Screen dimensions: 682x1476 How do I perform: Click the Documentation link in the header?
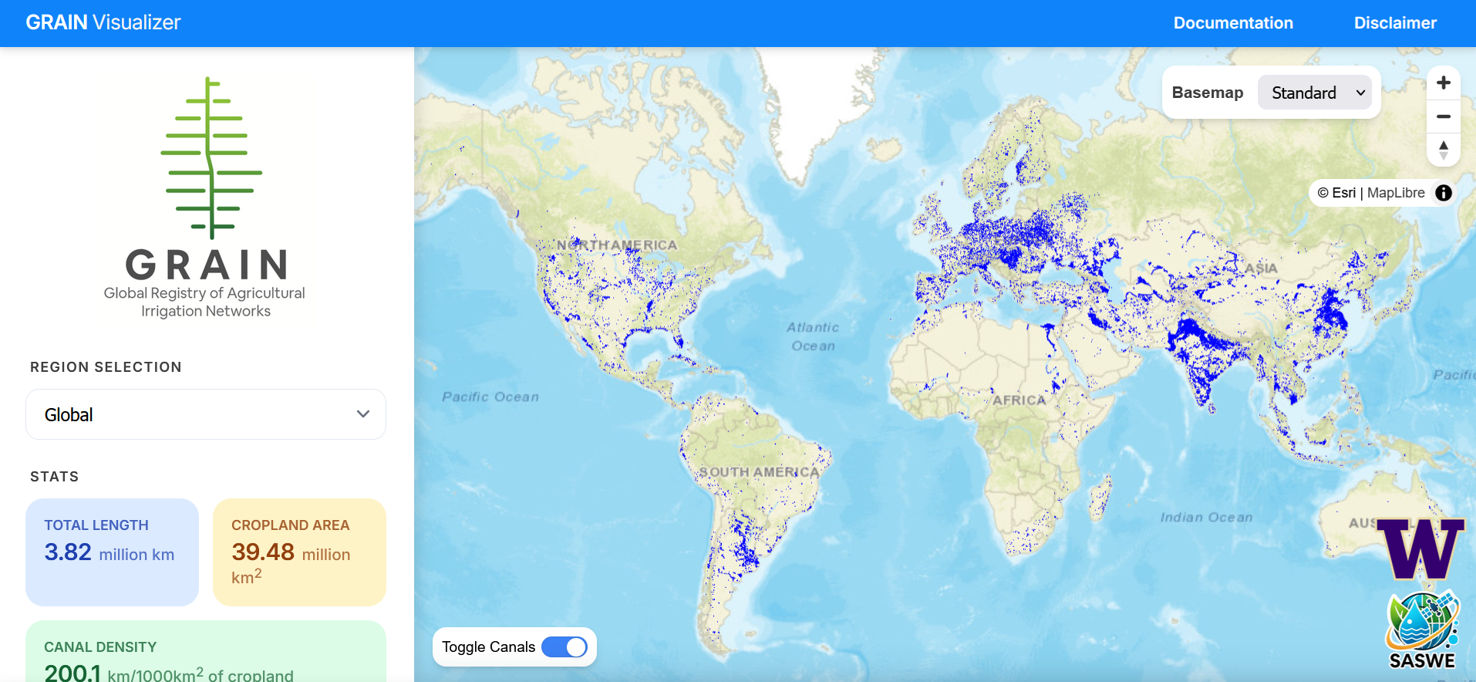click(1233, 23)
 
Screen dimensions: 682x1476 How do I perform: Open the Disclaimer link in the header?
click(1395, 23)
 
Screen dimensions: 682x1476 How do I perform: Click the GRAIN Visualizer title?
click(103, 22)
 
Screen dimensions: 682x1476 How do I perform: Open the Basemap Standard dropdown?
click(1315, 93)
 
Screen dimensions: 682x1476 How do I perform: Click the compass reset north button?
click(1444, 150)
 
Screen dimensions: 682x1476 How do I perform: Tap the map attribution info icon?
click(1444, 193)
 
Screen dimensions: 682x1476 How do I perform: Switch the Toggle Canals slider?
click(564, 647)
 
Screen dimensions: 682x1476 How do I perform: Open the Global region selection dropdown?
click(206, 414)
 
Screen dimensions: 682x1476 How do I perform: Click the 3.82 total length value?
click(68, 552)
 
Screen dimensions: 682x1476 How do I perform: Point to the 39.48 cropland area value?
click(263, 552)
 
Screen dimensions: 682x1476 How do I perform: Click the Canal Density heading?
click(100, 647)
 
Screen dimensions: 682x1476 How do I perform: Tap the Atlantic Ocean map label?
click(813, 336)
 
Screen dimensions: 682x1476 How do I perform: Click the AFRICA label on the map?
click(1019, 400)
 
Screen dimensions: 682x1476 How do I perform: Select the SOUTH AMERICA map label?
click(759, 472)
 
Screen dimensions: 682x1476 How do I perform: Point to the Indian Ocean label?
click(1206, 518)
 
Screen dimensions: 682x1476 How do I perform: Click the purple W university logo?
click(1420, 549)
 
